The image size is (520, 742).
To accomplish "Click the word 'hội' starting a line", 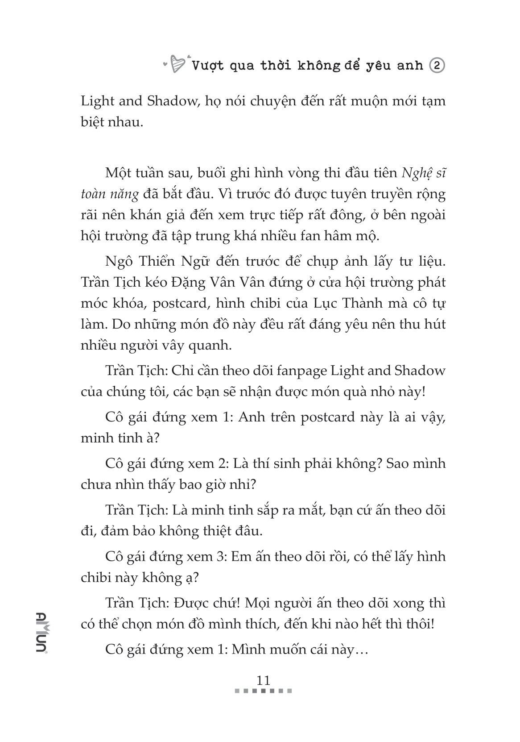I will [x=92, y=236].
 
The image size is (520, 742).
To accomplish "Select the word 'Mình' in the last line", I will [x=253, y=650].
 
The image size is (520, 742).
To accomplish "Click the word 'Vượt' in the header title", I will [x=210, y=66].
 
